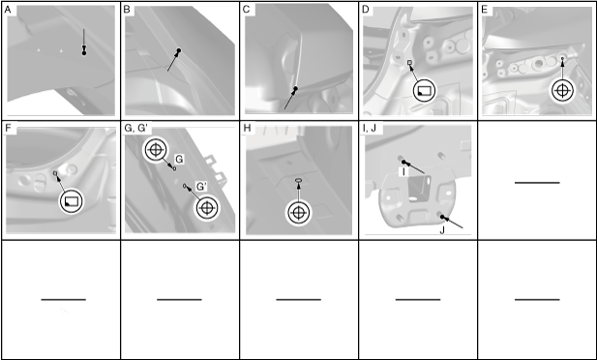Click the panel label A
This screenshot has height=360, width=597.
(8, 10)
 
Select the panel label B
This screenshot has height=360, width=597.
(127, 10)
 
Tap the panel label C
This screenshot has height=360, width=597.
(246, 10)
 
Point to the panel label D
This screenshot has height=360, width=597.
(366, 10)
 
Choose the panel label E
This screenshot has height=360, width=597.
(485, 10)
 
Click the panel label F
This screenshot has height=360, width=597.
(8, 129)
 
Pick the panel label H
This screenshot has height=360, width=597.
(248, 129)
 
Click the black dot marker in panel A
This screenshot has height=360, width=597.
(84, 53)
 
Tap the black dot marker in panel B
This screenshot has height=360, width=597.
(179, 50)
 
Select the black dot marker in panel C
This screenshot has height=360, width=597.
(295, 88)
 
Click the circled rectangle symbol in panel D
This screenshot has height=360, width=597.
(424, 91)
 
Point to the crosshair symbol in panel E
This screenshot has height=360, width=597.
(561, 90)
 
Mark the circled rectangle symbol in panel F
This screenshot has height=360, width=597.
(72, 200)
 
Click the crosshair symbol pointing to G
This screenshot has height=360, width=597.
(156, 150)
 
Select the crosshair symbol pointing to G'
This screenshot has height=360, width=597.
(206, 208)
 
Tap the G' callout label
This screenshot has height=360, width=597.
(201, 186)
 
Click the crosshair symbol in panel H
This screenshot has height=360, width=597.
(298, 213)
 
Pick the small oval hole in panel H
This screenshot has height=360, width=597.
(298, 181)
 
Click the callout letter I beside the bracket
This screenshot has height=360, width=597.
(403, 172)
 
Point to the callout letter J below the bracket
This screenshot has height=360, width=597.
(442, 231)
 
